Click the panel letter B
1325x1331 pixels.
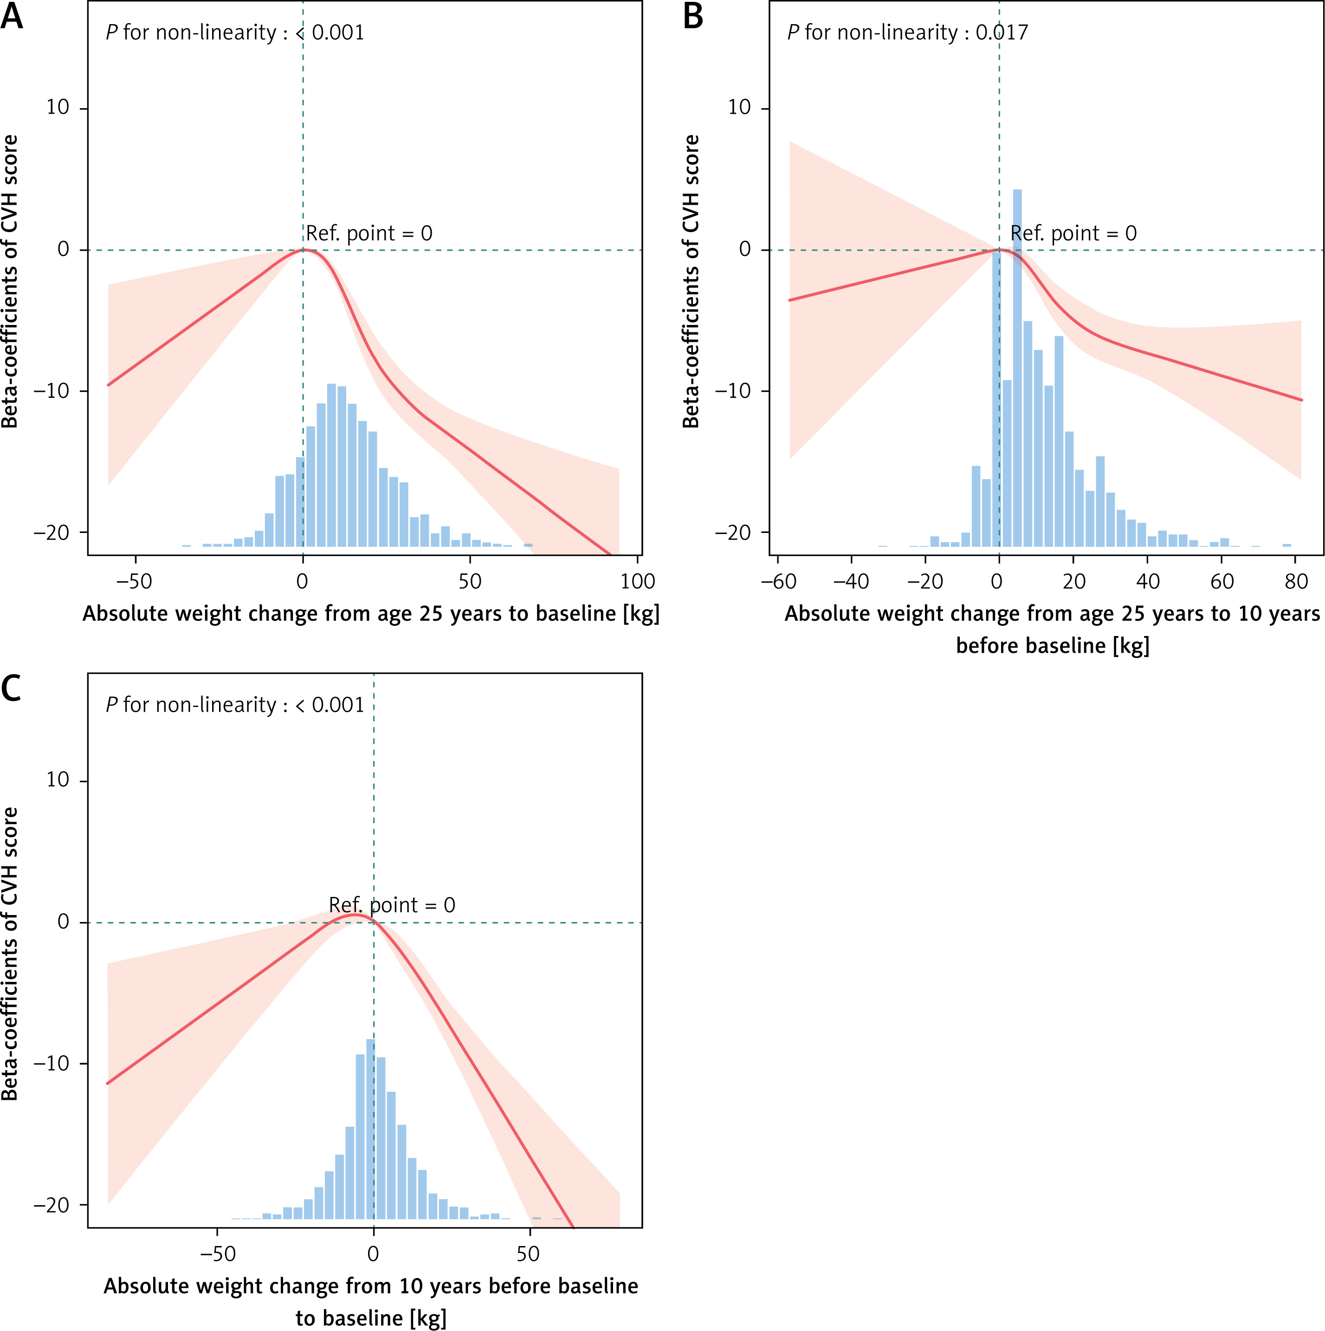693,17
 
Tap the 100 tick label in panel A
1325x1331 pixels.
638,581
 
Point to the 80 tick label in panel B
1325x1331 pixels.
1296,581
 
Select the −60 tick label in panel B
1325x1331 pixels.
779,581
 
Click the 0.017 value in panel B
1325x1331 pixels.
1002,32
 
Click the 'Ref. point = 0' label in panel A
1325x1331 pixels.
369,234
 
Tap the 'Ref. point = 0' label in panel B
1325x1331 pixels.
1073,234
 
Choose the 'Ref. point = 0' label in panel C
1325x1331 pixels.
392,904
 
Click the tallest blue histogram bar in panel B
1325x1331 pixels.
1017,365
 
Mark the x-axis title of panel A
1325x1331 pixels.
370,614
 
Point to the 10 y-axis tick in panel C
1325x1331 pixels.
58,780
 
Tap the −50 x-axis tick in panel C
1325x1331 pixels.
218,1253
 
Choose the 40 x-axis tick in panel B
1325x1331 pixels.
1147,581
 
